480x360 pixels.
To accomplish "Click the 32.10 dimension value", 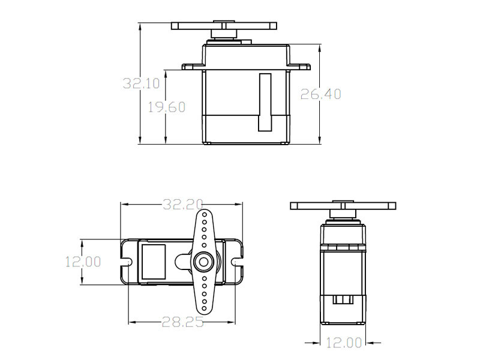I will point(142,83).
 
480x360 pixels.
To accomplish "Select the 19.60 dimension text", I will point(167,107).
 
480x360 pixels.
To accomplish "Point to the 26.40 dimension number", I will point(321,94).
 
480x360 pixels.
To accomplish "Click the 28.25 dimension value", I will point(182,322).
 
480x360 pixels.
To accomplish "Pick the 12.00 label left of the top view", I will point(83,262).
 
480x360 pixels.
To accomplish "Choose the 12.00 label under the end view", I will point(344,343).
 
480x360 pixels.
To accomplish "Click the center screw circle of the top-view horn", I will point(203,261).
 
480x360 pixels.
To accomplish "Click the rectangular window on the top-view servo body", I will point(152,261).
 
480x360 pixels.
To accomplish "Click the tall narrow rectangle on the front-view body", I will point(265,102).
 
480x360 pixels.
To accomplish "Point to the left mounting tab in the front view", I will point(193,65).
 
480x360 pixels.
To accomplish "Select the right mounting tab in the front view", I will point(298,65).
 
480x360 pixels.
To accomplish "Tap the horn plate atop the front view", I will point(224,26).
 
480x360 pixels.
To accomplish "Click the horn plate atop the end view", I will point(343,206).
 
